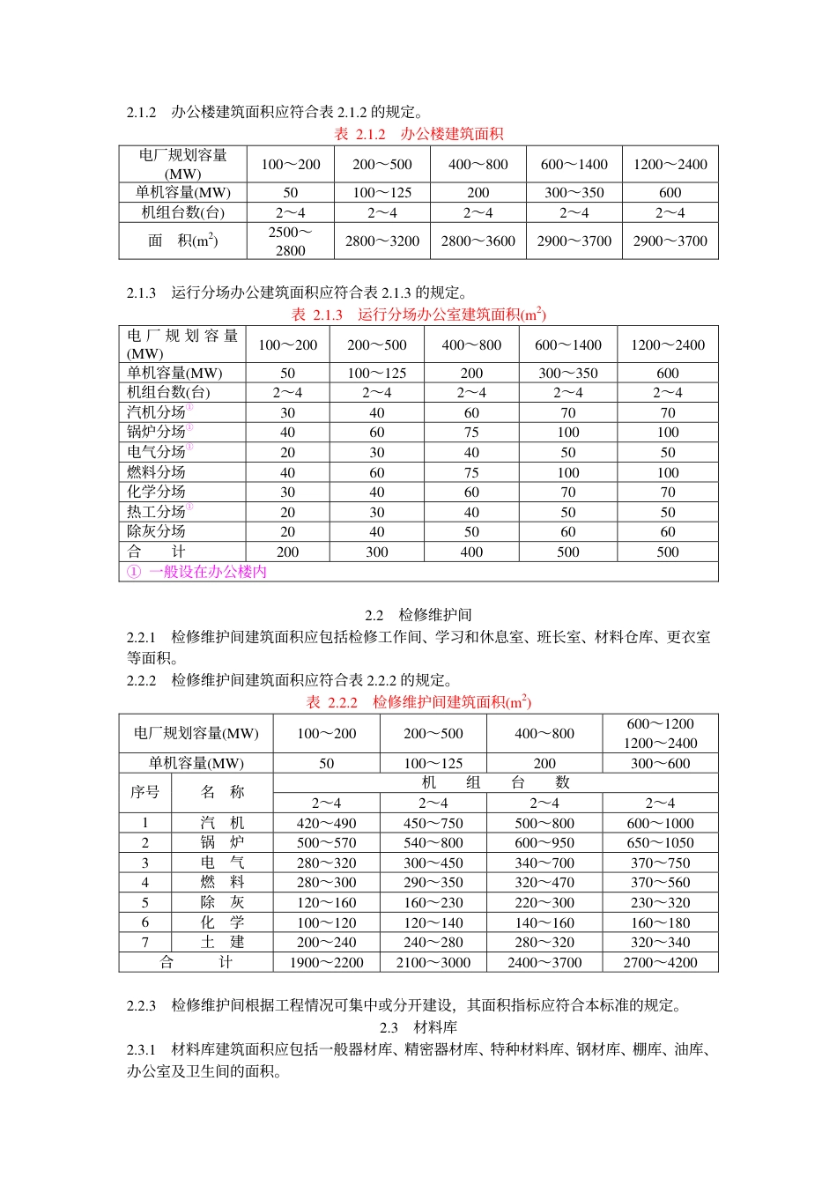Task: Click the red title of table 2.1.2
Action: tap(418, 134)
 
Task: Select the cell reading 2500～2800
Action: tap(290, 241)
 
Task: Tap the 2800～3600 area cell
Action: tap(478, 241)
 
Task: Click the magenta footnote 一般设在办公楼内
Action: tap(196, 572)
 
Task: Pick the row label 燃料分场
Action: tap(156, 472)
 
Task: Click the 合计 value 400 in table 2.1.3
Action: tap(471, 552)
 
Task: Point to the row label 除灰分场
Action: tap(156, 531)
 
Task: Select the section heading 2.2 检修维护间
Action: tap(418, 615)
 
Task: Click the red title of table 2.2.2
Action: tap(418, 702)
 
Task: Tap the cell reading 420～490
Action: tap(326, 823)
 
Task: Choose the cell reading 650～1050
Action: tap(660, 843)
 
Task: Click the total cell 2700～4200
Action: tap(660, 962)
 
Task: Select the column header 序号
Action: tap(144, 792)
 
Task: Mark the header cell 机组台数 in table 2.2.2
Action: tap(495, 782)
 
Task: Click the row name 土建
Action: tap(222, 942)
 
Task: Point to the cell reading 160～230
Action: tap(433, 902)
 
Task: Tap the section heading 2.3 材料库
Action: tap(418, 1027)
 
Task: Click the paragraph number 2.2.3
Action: tap(141, 1005)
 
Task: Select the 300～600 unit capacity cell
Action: tap(660, 763)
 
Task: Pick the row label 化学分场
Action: tap(156, 492)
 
